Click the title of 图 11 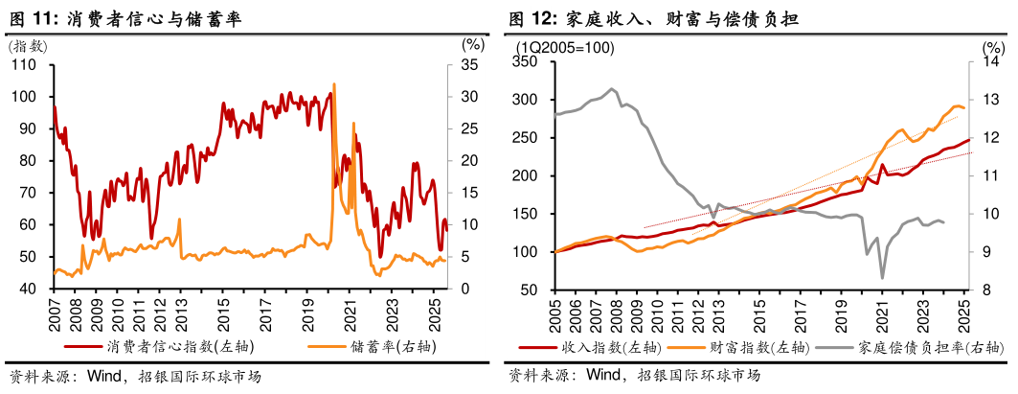click(124, 18)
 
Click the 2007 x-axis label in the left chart click(54, 313)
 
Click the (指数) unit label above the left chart click(26, 45)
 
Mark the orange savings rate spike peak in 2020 click(333, 85)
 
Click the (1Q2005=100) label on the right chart click(565, 47)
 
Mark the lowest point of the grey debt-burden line click(882, 278)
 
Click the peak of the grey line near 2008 click(613, 89)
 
